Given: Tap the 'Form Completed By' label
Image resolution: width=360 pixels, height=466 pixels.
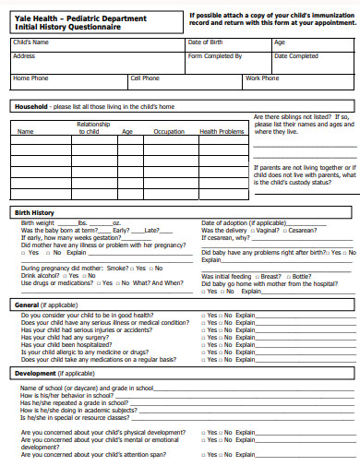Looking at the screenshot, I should tap(215, 56).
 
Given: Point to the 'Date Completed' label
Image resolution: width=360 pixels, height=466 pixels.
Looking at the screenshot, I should tap(296, 56).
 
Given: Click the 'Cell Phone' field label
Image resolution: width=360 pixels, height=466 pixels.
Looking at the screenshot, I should tap(145, 78).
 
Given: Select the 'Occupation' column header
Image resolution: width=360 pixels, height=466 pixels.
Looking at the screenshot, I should tap(169, 132).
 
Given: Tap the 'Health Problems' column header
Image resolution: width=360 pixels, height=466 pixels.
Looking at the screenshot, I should tap(222, 132).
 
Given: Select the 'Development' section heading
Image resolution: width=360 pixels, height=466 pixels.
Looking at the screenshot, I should tap(36, 373).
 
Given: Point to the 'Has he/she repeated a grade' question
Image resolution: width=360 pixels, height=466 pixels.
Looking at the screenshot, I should tap(74, 402).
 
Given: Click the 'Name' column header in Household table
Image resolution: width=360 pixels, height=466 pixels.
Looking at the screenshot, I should tap(26, 132).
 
